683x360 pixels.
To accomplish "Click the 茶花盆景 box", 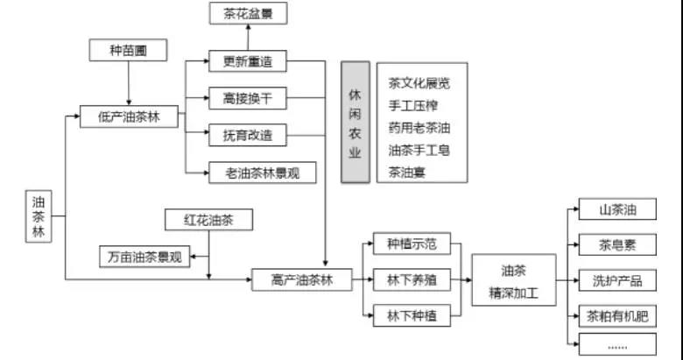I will [x=248, y=13].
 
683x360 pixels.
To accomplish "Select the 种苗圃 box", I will [x=129, y=51].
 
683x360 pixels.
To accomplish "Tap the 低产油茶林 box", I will [x=130, y=116].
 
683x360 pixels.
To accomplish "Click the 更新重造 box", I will [x=248, y=61].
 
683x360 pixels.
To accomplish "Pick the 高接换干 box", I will [x=248, y=98].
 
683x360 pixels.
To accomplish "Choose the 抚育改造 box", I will [x=248, y=135].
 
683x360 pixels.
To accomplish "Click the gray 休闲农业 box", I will [x=355, y=122].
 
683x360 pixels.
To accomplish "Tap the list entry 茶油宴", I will [x=407, y=172].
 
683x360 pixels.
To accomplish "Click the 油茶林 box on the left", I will [x=39, y=216].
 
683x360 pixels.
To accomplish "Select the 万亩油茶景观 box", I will [x=144, y=257].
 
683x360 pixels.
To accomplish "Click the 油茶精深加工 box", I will [x=513, y=280].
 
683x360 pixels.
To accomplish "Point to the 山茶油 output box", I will [x=616, y=209].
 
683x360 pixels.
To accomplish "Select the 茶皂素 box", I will [x=616, y=245].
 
